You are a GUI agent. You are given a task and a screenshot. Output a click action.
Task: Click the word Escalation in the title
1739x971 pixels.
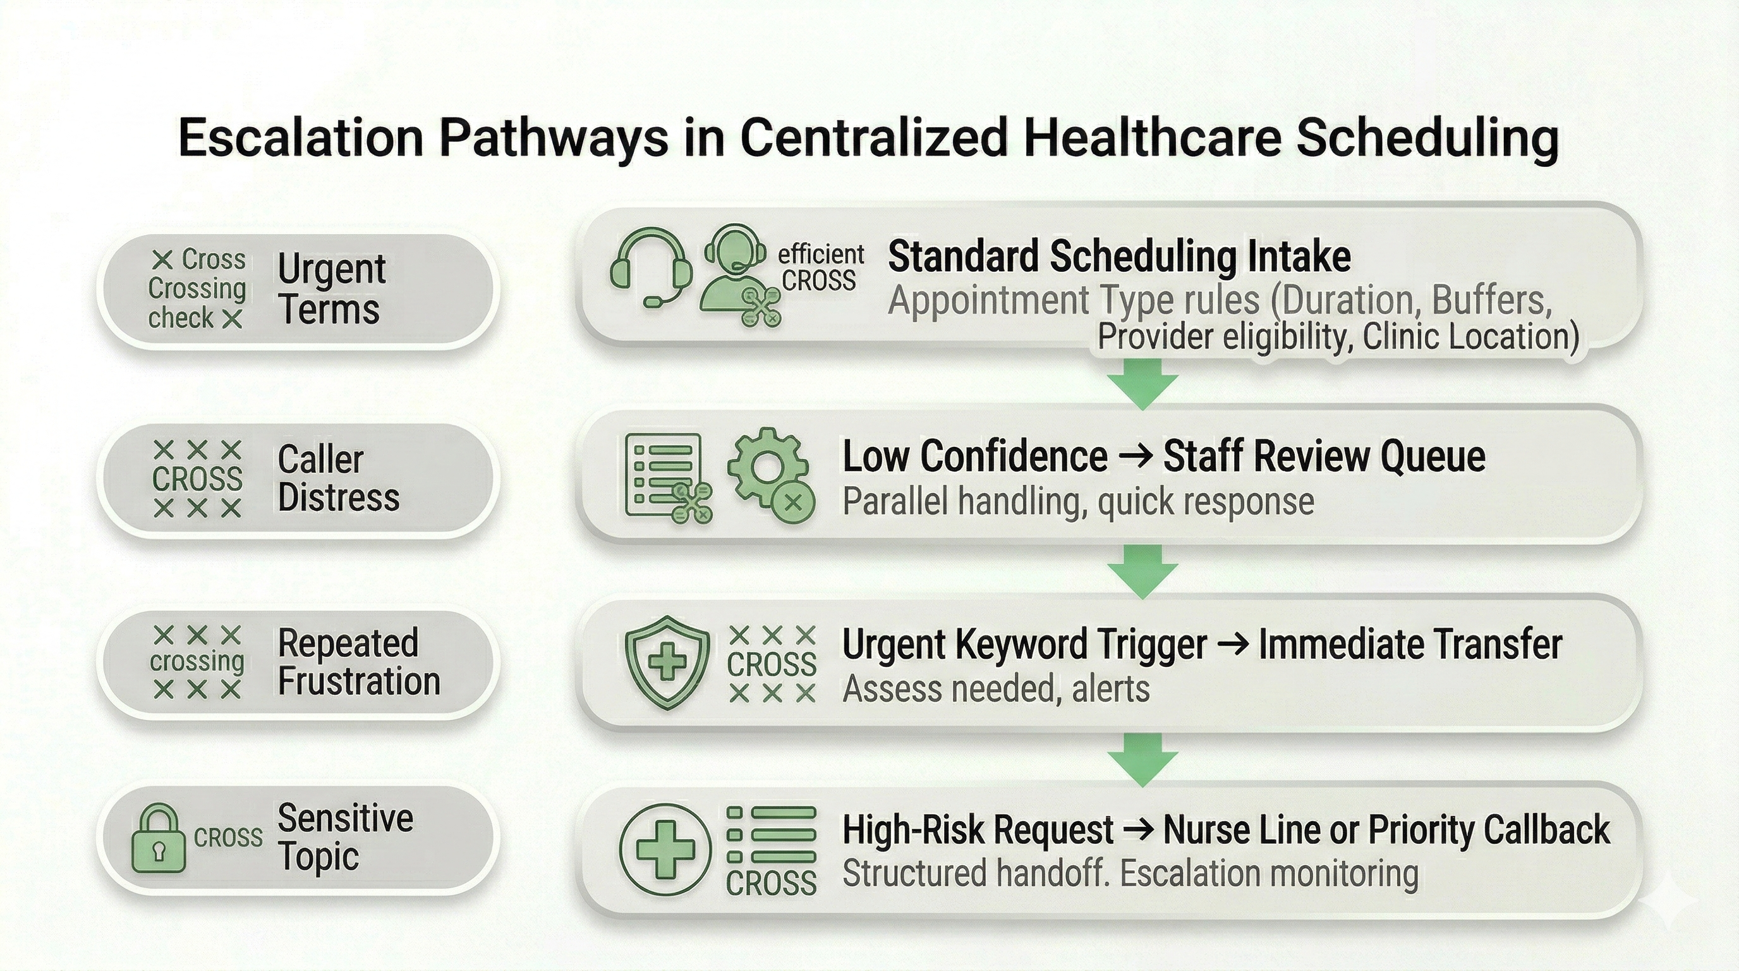300,138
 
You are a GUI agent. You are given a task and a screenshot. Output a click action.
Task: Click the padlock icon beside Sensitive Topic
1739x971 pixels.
158,838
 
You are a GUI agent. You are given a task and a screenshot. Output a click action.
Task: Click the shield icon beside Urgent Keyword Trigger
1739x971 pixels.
667,662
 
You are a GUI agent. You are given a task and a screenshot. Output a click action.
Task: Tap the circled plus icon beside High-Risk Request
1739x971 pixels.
665,849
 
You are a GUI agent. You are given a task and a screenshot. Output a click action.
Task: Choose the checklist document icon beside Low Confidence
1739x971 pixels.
664,475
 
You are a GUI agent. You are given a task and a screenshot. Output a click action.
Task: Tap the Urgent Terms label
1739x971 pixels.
330,289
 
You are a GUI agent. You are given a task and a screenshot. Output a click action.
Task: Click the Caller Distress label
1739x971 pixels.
337,478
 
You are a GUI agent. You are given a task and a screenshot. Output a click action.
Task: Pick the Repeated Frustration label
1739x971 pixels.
358,662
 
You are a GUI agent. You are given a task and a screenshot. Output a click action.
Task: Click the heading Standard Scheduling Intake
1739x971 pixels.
1118,257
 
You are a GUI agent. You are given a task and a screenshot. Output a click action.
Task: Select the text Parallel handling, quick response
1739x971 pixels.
1077,502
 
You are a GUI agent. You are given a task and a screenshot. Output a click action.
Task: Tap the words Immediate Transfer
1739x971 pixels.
1410,644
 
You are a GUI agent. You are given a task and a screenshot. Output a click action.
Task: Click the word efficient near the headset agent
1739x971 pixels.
820,254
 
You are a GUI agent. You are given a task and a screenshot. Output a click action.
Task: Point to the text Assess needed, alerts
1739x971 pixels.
996,690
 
